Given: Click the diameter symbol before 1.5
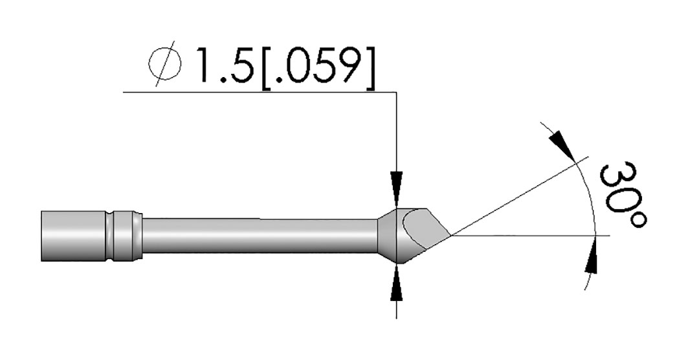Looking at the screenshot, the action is [x=165, y=64].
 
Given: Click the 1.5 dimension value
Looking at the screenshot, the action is [x=225, y=65].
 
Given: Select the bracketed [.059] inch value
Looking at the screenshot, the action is [x=318, y=66].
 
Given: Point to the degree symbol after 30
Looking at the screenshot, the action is [x=638, y=219].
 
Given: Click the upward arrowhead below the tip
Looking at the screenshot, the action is [x=397, y=282].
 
